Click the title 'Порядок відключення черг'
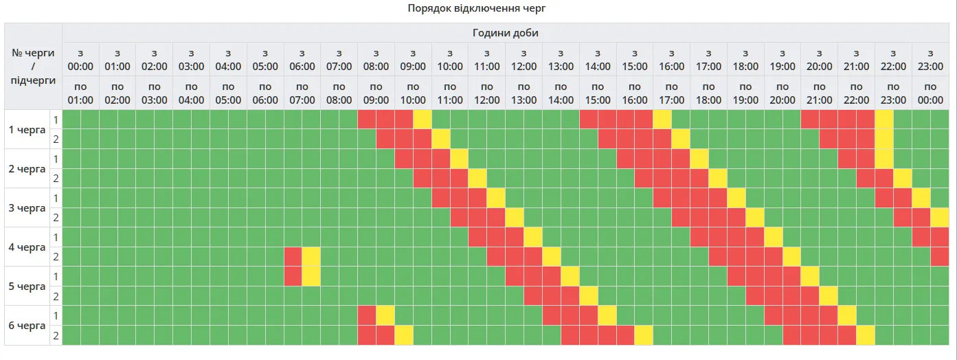pyautogui.click(x=476, y=8)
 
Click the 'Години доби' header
pyautogui.click(x=506, y=33)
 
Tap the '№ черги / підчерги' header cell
pyautogui.click(x=34, y=67)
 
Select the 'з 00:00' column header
pyautogui.click(x=80, y=60)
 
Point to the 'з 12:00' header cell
pyautogui.click(x=523, y=60)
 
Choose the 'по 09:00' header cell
pyautogui.click(x=376, y=93)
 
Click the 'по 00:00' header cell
pyautogui.click(x=930, y=93)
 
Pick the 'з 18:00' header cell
pyautogui.click(x=745, y=60)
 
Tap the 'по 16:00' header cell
pyautogui.click(x=634, y=93)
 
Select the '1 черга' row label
pyautogui.click(x=27, y=129)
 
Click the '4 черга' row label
pyautogui.click(x=27, y=247)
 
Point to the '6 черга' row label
pyautogui.click(x=27, y=326)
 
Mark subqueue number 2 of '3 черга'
pyautogui.click(x=56, y=218)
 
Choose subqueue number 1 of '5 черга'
pyautogui.click(x=56, y=277)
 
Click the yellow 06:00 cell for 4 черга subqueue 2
pyautogui.click(x=311, y=257)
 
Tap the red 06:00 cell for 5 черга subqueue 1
pyautogui.click(x=293, y=277)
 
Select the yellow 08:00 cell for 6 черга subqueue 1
pyautogui.click(x=385, y=315)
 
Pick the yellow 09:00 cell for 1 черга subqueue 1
pyautogui.click(x=422, y=120)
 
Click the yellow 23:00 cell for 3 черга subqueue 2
pyautogui.click(x=940, y=218)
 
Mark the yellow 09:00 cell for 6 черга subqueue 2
pyautogui.click(x=404, y=335)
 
